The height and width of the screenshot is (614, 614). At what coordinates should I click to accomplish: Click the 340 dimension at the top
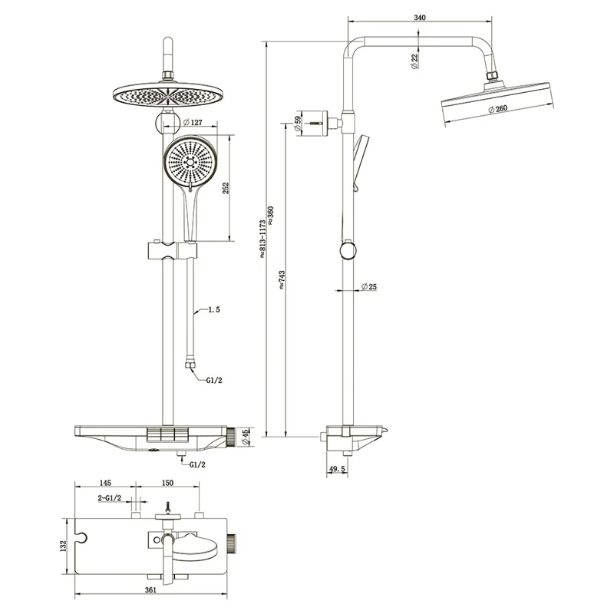coord(420,17)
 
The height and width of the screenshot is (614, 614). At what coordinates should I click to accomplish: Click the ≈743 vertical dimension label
coord(283,282)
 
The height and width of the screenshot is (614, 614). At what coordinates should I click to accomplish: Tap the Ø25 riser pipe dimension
coord(370,288)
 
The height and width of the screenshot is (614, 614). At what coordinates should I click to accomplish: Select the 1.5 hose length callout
coord(213,311)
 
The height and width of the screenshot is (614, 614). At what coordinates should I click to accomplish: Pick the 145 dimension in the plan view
coord(104,484)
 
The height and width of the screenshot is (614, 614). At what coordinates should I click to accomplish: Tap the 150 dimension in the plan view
coord(167,484)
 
